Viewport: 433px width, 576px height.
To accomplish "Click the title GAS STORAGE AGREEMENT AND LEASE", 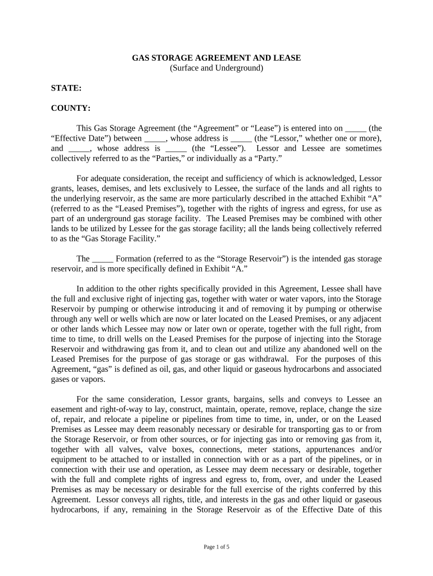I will pos(216,58).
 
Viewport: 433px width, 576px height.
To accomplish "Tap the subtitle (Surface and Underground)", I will pos(216,68).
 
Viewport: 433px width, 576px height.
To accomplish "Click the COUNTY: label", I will pos(71,108).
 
